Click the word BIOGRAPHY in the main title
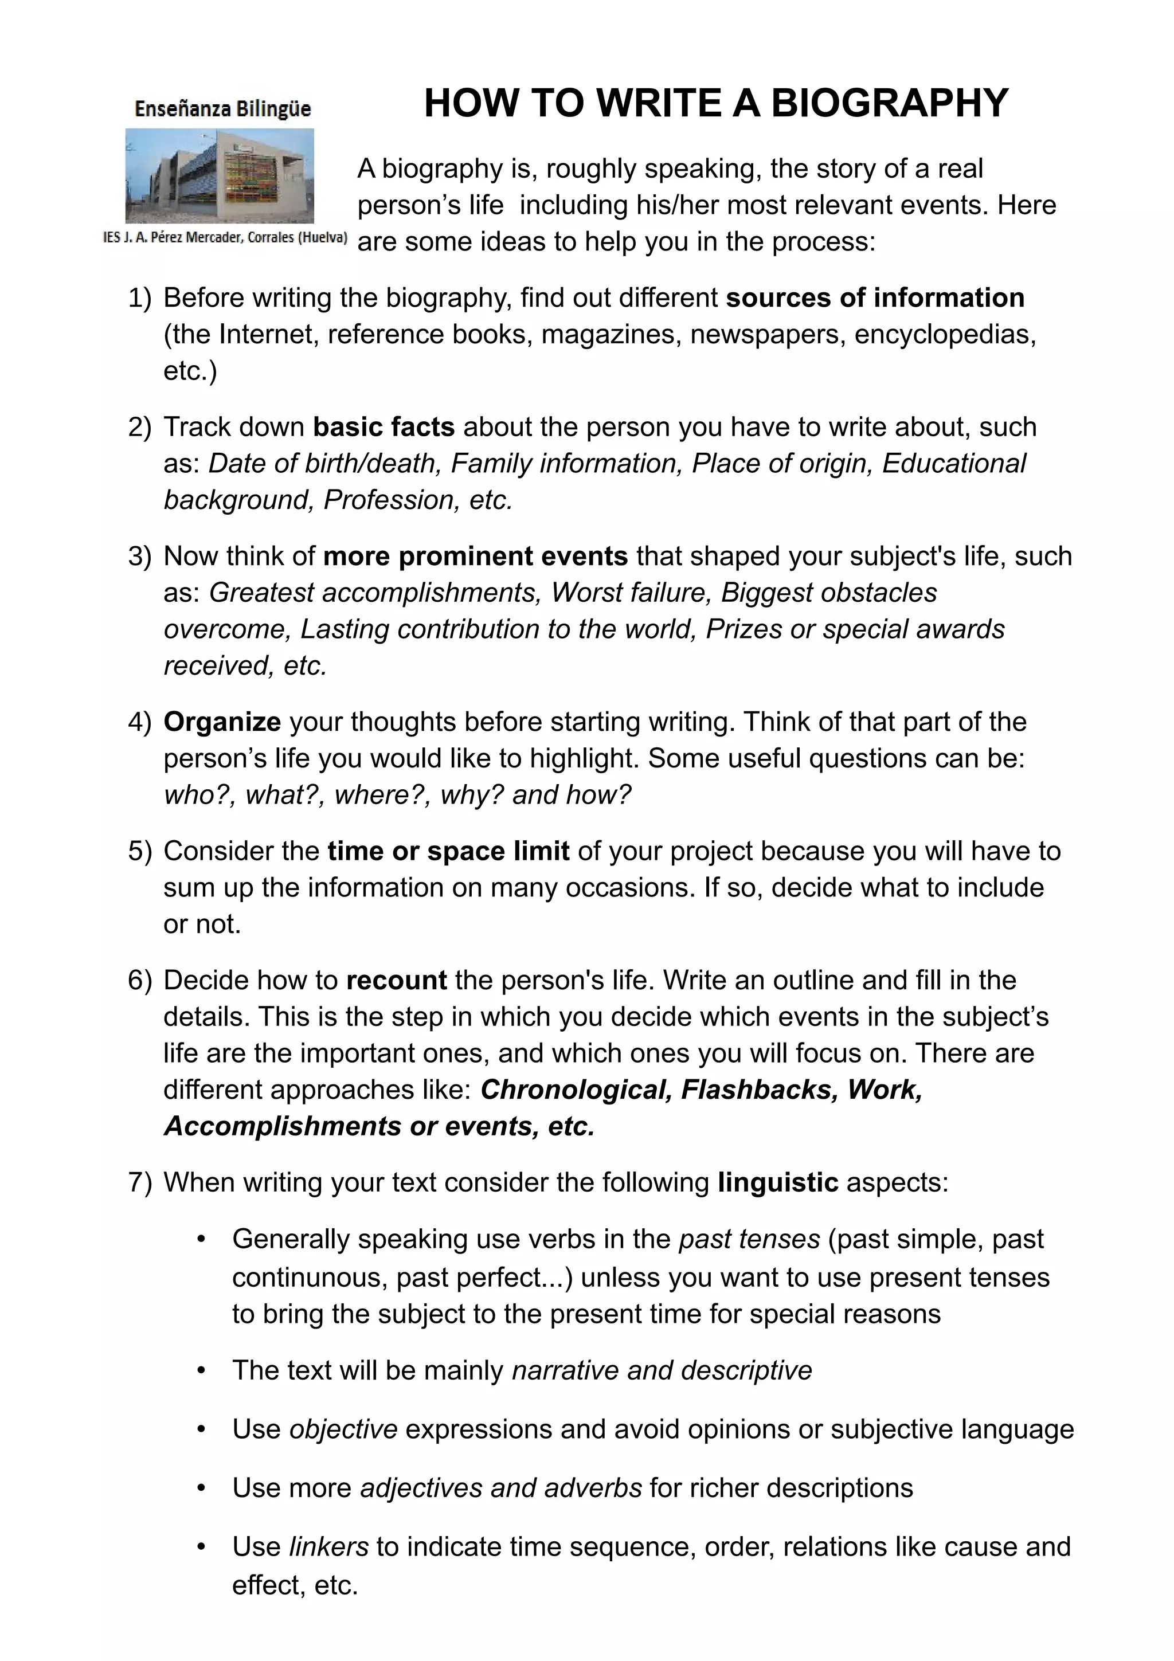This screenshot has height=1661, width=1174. (x=889, y=103)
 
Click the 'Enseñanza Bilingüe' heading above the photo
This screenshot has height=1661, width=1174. (x=223, y=109)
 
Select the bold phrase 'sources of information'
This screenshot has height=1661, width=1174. (x=875, y=298)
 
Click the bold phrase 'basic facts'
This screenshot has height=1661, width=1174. (x=383, y=427)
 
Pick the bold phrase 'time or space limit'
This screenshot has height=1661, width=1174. (x=448, y=851)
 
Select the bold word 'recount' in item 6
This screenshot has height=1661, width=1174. (x=396, y=980)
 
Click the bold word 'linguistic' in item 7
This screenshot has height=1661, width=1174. (x=778, y=1182)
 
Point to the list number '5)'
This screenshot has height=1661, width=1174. (x=140, y=851)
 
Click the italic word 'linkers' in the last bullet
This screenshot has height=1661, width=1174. (x=329, y=1547)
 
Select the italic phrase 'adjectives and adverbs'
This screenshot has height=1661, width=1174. (x=500, y=1488)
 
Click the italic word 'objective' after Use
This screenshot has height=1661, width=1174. (x=343, y=1429)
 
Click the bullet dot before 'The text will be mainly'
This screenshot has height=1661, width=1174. (x=202, y=1370)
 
